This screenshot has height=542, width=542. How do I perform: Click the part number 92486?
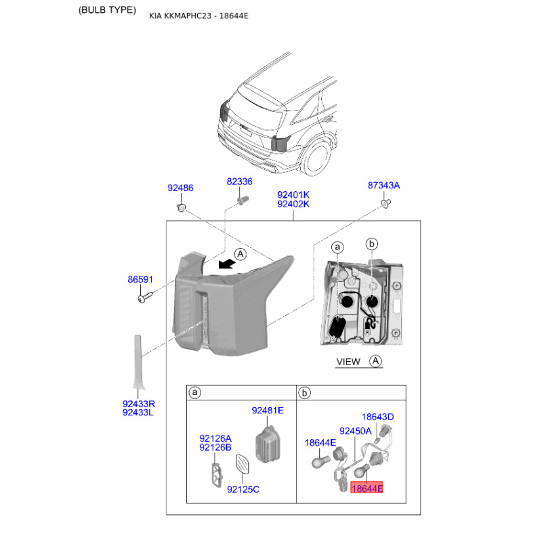(180, 188)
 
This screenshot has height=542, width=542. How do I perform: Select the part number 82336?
(240, 182)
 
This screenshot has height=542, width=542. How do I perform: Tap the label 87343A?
(383, 186)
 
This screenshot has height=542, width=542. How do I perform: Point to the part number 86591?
(140, 279)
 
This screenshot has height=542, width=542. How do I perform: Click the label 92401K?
(293, 195)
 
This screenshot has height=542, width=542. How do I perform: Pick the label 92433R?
(139, 404)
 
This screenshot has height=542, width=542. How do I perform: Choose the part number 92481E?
(268, 411)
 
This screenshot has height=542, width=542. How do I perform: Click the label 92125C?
(243, 489)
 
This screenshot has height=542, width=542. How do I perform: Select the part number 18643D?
(377, 417)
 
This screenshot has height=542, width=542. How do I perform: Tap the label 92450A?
(355, 432)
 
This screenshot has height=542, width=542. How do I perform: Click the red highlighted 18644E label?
(367, 488)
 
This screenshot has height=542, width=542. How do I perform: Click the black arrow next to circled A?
(227, 264)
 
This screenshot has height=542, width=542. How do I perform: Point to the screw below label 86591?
(145, 297)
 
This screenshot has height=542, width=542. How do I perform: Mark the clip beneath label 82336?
(243, 200)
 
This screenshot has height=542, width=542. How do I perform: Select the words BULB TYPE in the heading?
(107, 10)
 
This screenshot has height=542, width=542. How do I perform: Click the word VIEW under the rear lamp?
(348, 362)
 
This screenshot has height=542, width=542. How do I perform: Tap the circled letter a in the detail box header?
(195, 393)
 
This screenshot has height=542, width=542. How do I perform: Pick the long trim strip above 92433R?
(138, 362)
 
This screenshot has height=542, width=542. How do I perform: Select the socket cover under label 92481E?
(267, 444)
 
